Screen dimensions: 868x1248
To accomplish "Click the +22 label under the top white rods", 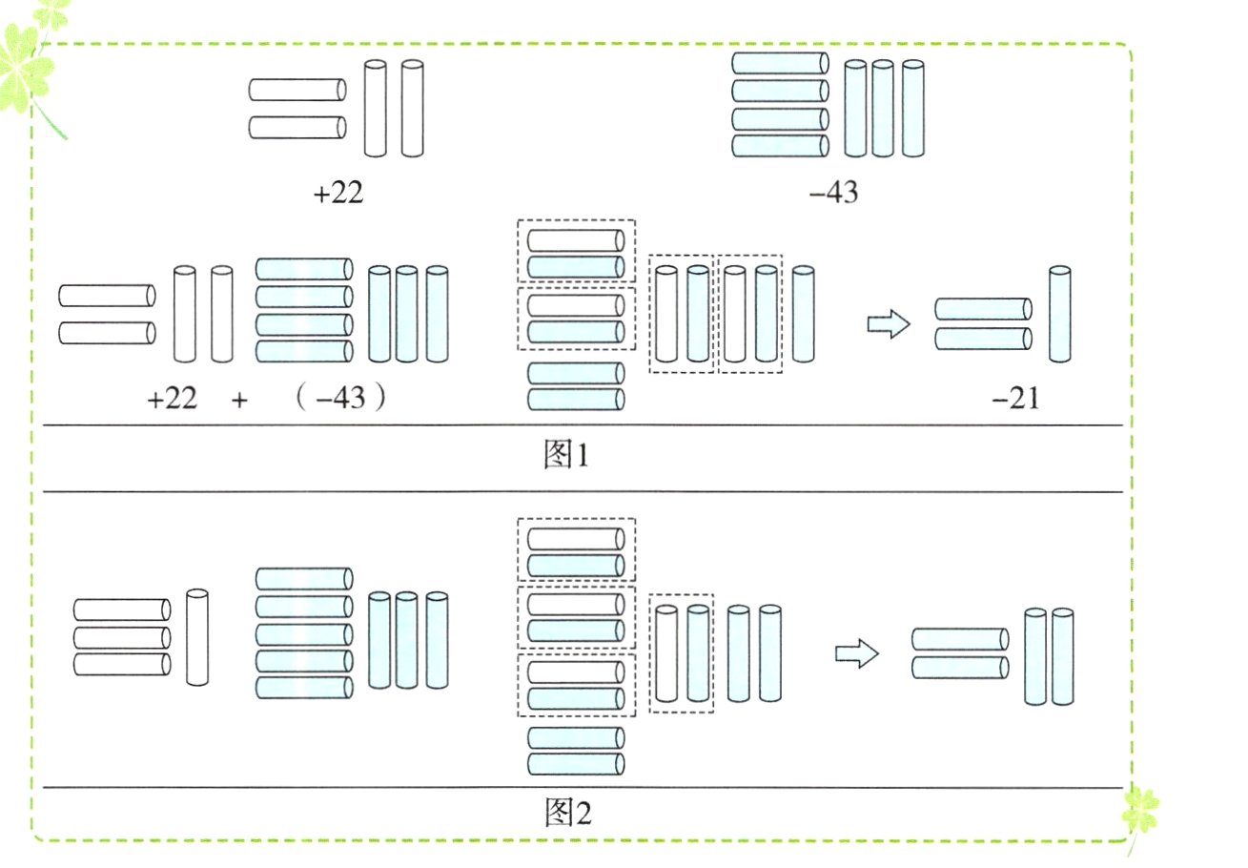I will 338,194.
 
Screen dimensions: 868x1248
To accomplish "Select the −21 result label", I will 1014,399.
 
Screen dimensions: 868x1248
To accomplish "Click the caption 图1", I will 566,455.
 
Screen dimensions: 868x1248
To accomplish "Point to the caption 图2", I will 567,813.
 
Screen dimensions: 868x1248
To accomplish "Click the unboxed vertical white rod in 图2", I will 197,637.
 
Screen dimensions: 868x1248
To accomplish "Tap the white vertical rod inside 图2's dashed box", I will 666,653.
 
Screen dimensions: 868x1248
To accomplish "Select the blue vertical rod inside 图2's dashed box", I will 698,653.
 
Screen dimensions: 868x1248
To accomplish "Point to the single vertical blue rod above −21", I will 1059,315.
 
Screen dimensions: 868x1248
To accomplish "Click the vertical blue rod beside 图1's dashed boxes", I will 804,315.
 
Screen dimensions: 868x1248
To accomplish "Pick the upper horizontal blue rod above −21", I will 982,308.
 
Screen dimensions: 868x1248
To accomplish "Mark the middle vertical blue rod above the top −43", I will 883,108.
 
